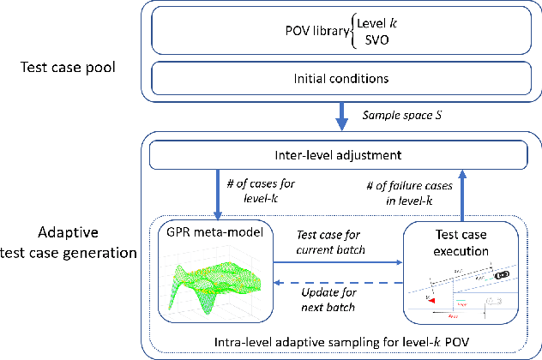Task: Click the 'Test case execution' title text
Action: (x=461, y=244)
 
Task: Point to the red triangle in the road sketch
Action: (x=433, y=302)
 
